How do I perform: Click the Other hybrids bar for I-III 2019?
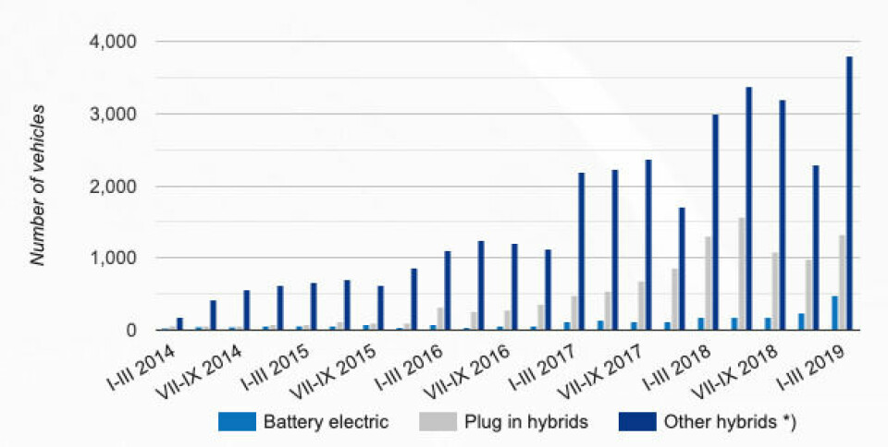click(x=848, y=193)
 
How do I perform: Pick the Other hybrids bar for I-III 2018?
click(x=715, y=222)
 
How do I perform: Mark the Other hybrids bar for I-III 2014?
click(x=179, y=324)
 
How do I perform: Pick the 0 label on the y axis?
click(x=131, y=331)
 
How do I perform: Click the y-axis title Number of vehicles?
click(x=39, y=185)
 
